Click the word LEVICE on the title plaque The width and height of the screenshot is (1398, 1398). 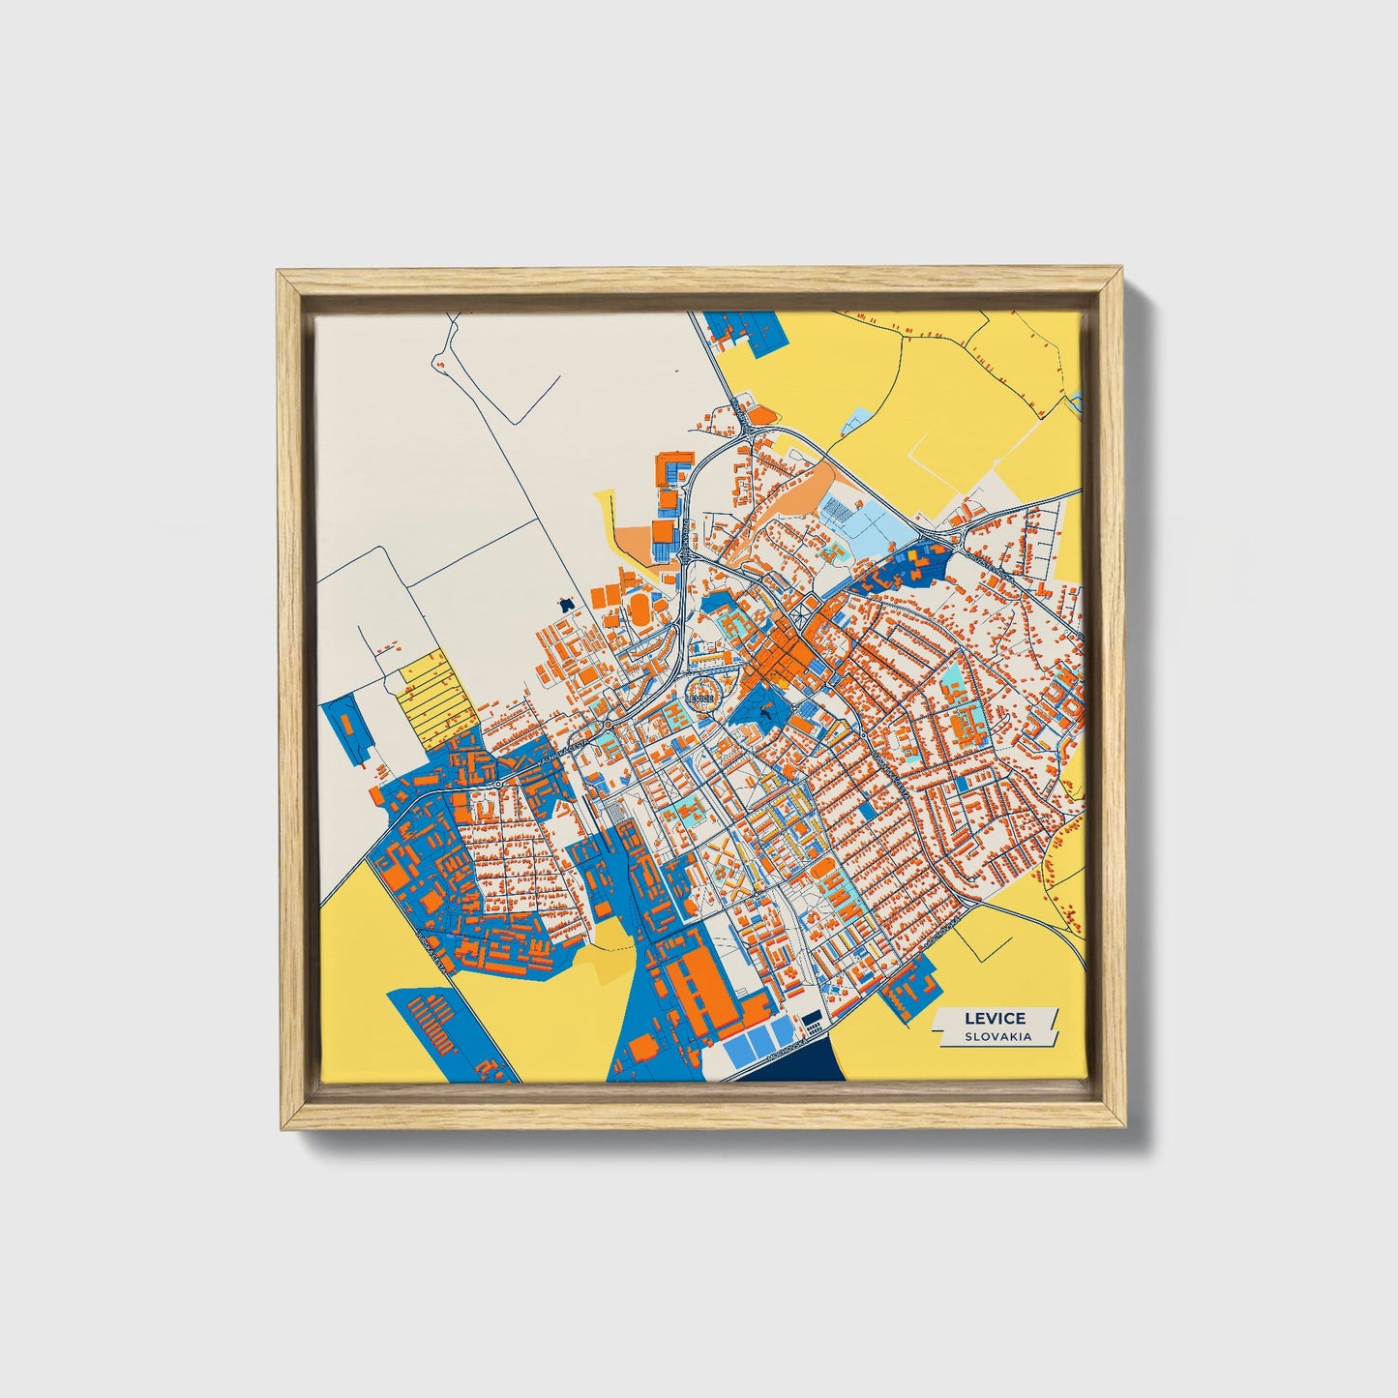tap(995, 1019)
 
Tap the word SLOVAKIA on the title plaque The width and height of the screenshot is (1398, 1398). tap(996, 1036)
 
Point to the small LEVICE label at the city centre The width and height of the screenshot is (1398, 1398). tap(699, 698)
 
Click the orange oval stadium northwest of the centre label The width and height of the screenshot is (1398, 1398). tap(640, 607)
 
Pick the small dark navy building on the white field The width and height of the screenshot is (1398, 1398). tap(566, 604)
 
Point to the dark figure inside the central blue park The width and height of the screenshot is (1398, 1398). tap(765, 712)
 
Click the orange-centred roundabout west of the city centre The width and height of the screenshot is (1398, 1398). tap(608, 724)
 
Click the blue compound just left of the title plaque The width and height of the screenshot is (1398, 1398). tap(908, 990)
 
